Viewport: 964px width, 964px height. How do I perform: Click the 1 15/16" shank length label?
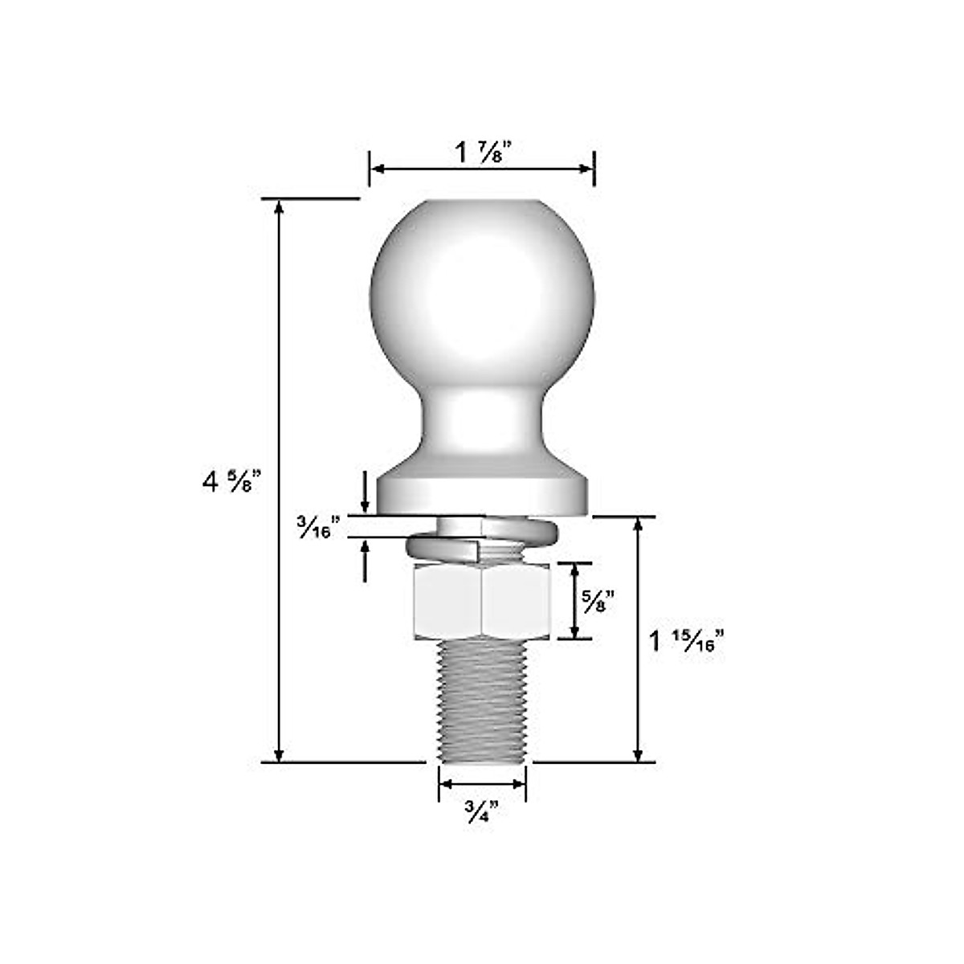pyautogui.click(x=687, y=642)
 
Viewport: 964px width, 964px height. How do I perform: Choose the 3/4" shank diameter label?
pyautogui.click(x=482, y=812)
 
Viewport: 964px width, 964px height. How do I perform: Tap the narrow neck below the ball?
pyautogui.click(x=482, y=422)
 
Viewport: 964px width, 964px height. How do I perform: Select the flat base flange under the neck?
pyautogui.click(x=482, y=492)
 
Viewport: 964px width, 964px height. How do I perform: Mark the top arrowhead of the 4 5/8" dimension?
pyautogui.click(x=279, y=206)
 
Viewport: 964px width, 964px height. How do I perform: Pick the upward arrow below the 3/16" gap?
pyautogui.click(x=365, y=547)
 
